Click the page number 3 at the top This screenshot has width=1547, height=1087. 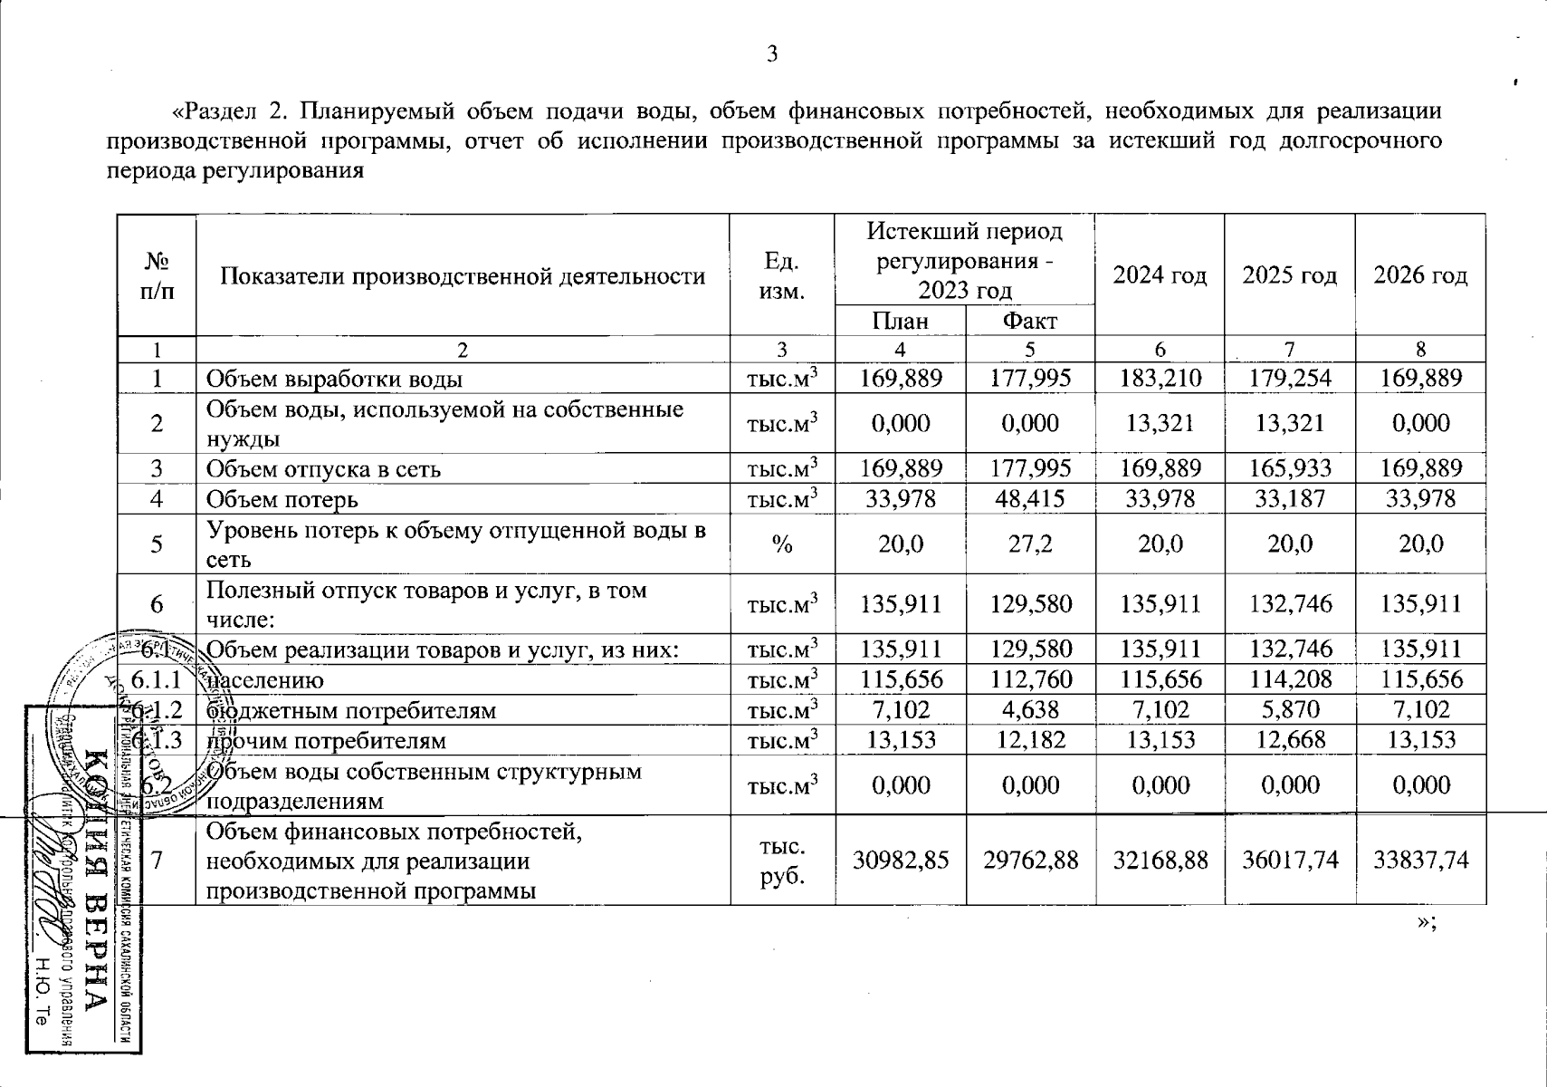click(772, 55)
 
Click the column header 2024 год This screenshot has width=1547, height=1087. click(1160, 275)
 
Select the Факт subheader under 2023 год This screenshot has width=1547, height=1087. click(1030, 321)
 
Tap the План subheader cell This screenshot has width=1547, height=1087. click(900, 321)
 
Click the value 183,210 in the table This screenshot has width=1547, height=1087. click(1160, 378)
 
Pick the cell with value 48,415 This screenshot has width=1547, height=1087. click(1030, 499)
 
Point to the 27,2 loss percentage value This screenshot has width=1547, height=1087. click(1030, 543)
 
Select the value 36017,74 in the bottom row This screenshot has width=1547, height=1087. click(1289, 860)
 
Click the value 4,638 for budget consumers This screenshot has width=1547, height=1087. click(1030, 710)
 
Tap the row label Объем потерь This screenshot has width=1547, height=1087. click(282, 499)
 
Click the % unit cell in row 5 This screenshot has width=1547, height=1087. click(782, 543)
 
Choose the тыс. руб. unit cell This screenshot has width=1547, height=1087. click(782, 860)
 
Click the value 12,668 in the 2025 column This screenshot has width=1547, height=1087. click(1289, 740)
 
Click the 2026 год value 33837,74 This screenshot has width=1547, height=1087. click(1420, 860)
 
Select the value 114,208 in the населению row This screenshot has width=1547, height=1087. click(1289, 679)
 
